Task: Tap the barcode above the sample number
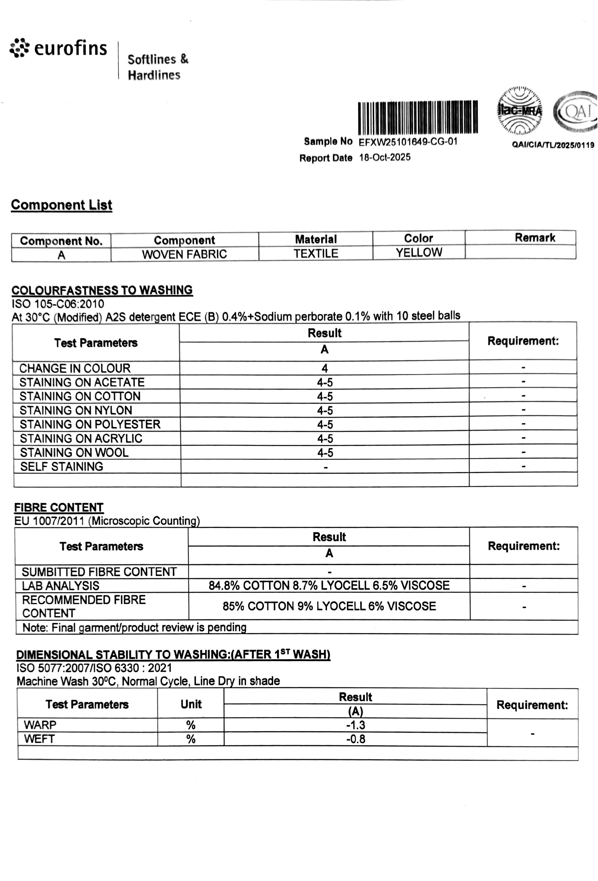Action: [x=417, y=117]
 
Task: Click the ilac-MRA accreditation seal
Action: [x=520, y=111]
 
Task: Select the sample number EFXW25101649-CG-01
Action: [x=408, y=142]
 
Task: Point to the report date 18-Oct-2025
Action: [x=385, y=157]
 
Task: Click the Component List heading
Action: [x=61, y=205]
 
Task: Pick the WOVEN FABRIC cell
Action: [x=184, y=254]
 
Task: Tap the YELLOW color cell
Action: [x=419, y=252]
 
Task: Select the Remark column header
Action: [x=534, y=238]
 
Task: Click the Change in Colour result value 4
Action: [x=324, y=368]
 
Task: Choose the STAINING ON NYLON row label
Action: [x=76, y=410]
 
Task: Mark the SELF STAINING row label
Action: [x=61, y=466]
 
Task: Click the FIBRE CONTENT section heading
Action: [x=59, y=507]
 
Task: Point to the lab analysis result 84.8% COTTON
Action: [x=329, y=585]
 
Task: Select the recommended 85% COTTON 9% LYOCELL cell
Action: [x=329, y=606]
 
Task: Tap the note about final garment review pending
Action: [x=134, y=628]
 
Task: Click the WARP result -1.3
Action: [x=355, y=725]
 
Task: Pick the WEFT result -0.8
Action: [x=355, y=739]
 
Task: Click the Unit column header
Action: [x=191, y=704]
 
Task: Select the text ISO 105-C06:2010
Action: [x=58, y=303]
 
